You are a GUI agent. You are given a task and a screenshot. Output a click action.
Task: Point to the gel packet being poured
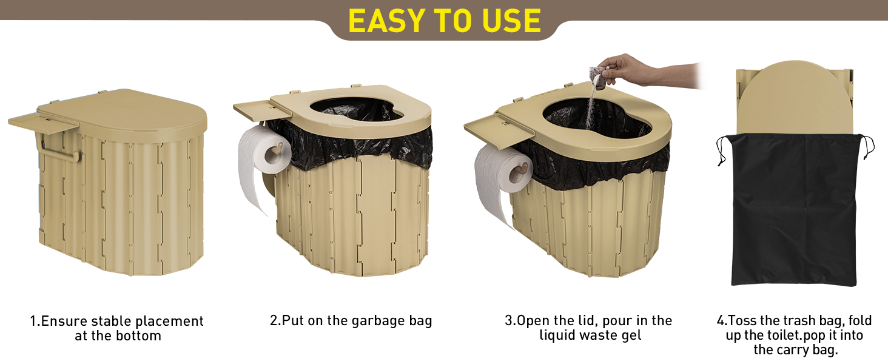coord(598,77)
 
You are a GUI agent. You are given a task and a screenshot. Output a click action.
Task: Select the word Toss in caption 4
coord(742,320)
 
